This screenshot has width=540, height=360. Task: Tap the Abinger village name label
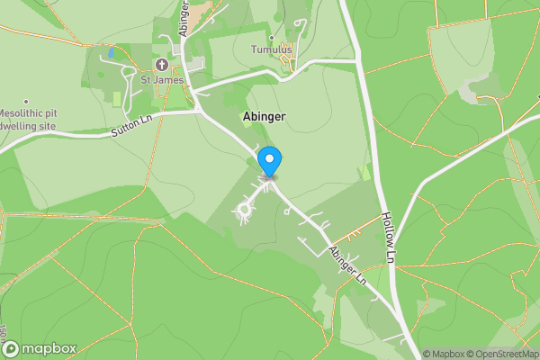[265, 117]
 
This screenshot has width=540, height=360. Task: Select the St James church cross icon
[162, 64]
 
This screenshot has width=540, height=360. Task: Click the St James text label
[162, 80]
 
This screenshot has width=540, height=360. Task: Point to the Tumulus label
[272, 49]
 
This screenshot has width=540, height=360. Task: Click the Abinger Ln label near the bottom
[348, 267]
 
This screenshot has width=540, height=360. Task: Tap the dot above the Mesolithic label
[26, 101]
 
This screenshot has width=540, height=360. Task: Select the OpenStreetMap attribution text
[505, 354]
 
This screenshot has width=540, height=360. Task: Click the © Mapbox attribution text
[445, 354]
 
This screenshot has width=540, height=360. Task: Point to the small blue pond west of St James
[110, 53]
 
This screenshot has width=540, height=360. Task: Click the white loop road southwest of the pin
[242, 211]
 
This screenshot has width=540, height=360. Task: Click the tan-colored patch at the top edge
[200, 8]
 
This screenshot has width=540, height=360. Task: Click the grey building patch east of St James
[195, 68]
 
